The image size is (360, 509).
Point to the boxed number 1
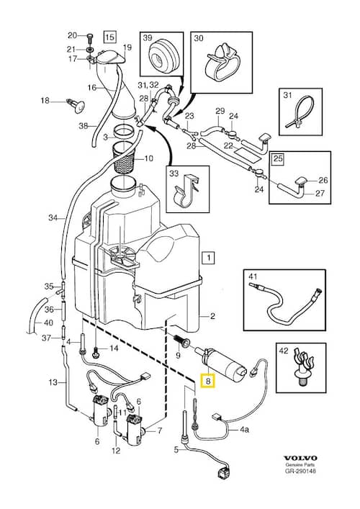point(207,257)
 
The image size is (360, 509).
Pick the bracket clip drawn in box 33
point(188,194)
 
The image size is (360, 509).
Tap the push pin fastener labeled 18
point(74,104)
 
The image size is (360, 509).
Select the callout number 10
point(149,159)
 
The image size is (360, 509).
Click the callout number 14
point(113,350)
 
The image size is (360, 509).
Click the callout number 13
point(53,381)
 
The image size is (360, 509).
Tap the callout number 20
point(71,35)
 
